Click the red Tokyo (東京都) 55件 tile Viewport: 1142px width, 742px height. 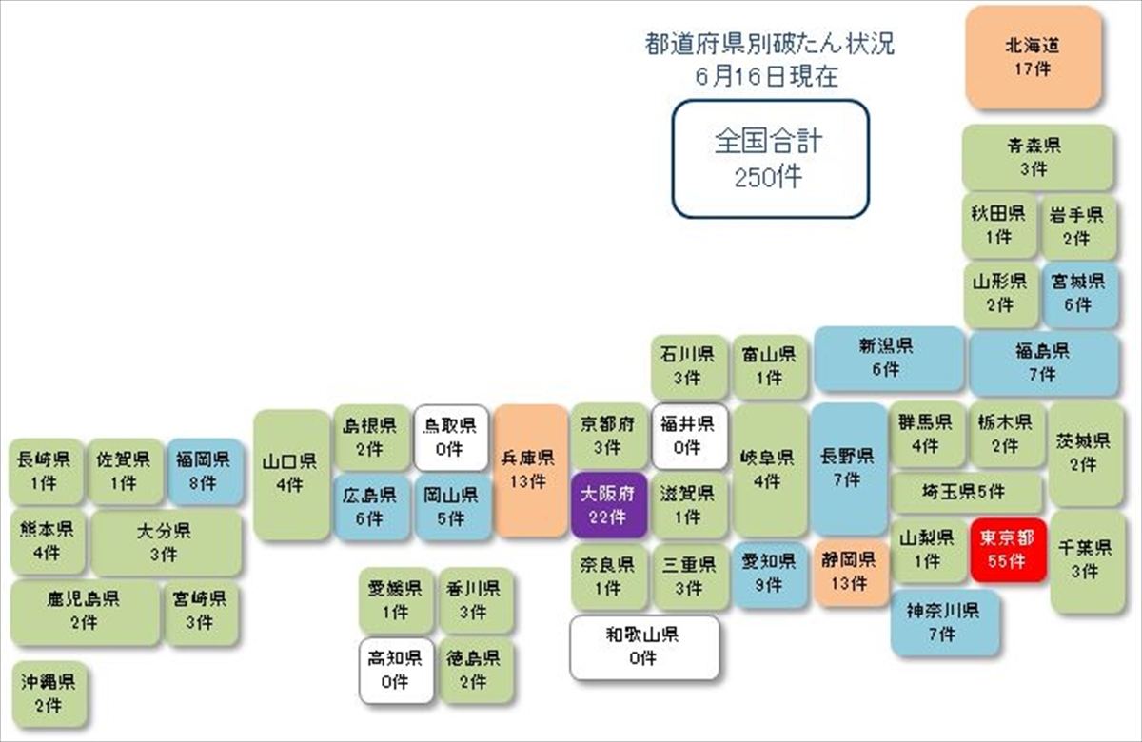[1008, 550]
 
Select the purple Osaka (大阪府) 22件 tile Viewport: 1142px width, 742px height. [609, 505]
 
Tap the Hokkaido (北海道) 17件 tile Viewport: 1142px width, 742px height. [1034, 58]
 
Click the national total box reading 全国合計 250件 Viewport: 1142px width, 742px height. [770, 159]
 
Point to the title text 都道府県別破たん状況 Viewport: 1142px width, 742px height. [769, 45]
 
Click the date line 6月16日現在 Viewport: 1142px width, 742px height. [767, 76]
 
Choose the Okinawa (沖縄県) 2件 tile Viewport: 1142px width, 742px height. [49, 694]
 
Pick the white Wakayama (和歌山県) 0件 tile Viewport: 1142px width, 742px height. [644, 647]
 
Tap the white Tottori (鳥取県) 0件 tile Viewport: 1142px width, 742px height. [451, 438]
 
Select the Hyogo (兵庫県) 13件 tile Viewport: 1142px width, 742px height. [531, 470]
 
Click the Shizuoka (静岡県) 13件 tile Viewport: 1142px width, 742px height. [848, 573]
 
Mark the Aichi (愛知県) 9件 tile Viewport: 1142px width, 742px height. [770, 575]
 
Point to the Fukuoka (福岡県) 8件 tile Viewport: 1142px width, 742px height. [205, 472]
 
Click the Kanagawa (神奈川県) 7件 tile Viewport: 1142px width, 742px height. [945, 623]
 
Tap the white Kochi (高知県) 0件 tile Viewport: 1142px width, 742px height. [396, 671]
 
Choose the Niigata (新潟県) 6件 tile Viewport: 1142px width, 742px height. [889, 359]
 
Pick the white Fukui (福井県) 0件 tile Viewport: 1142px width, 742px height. [690, 437]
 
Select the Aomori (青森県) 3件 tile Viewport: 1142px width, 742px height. [1037, 158]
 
